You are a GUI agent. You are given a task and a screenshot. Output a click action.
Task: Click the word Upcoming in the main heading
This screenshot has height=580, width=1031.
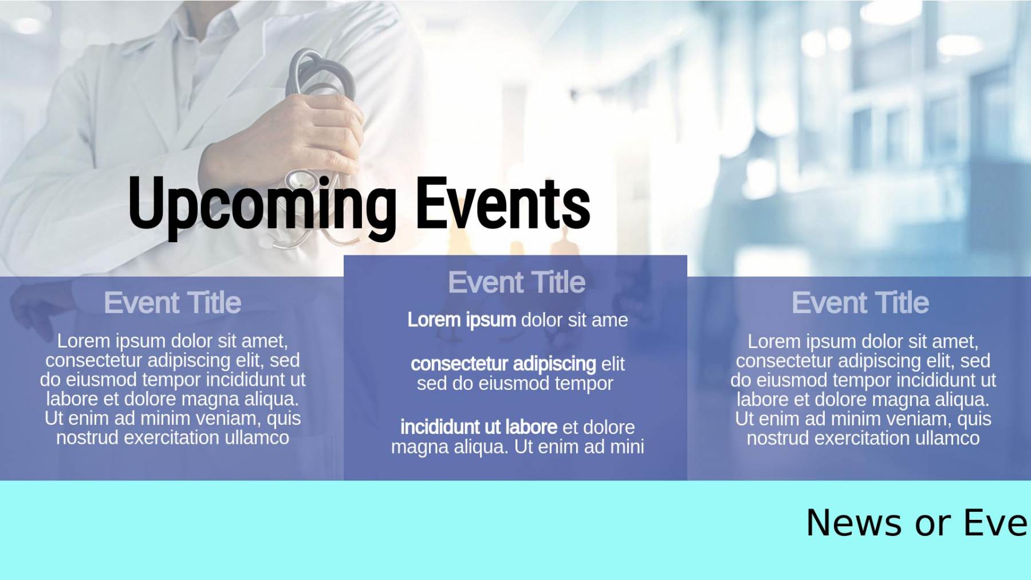point(262,206)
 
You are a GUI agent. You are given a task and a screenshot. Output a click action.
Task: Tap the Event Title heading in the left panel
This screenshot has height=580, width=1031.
point(172,302)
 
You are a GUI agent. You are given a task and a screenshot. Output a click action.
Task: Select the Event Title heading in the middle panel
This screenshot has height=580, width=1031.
point(517,282)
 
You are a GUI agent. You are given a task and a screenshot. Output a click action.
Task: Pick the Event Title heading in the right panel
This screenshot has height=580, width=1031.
point(860,302)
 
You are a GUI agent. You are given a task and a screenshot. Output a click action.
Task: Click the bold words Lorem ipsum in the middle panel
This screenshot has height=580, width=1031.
point(462,320)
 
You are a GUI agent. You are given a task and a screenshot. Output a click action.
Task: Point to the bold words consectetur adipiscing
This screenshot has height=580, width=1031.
point(503,364)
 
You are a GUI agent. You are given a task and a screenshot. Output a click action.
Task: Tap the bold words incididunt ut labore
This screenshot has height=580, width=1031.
point(479,427)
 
